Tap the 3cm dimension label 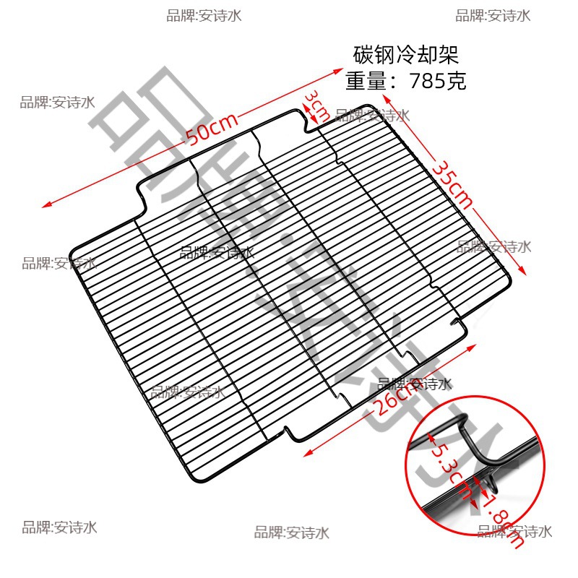coord(316,107)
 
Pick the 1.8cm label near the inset coord(499,517)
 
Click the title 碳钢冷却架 coord(405,55)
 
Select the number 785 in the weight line coord(427,80)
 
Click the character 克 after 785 coord(457,80)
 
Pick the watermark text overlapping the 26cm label coord(415,384)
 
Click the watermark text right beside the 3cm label coord(373,115)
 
